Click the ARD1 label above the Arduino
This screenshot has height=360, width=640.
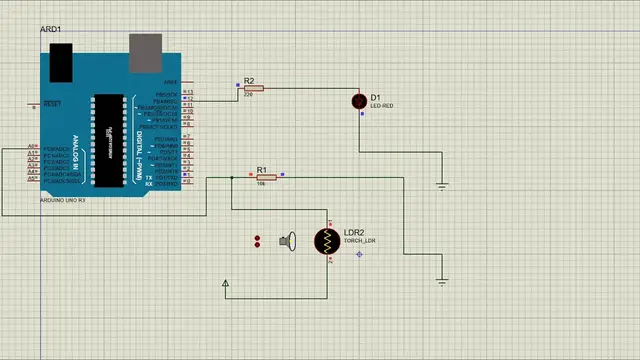[51, 30]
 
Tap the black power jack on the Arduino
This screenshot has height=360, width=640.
[63, 62]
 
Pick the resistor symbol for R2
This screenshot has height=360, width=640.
[253, 88]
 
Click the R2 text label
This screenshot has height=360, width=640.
[249, 80]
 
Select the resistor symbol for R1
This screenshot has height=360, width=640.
[264, 177]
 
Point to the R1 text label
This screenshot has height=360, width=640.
[262, 170]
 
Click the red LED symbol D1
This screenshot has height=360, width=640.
[361, 102]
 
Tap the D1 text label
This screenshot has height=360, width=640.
[375, 97]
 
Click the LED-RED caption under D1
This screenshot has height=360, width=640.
[382, 105]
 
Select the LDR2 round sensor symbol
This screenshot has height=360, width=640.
[326, 241]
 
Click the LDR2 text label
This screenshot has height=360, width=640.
[354, 232]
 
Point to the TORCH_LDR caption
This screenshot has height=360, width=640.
[359, 241]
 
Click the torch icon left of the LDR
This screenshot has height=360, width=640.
[289, 241]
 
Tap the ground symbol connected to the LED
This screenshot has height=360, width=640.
[442, 184]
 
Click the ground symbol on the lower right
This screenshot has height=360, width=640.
[443, 282]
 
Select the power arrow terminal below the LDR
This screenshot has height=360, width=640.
[226, 286]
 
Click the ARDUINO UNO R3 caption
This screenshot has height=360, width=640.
[63, 200]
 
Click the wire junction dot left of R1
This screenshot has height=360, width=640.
[232, 177]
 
